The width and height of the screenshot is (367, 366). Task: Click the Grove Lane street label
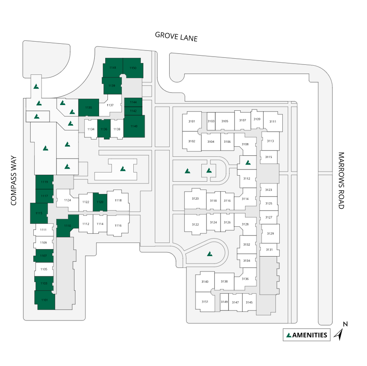click(x=176, y=36)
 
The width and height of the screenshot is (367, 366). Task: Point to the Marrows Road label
click(x=342, y=180)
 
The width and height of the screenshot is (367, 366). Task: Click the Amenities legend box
click(x=306, y=335)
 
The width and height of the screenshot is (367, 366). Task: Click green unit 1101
click(x=44, y=300)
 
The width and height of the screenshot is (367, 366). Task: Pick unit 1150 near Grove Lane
click(x=133, y=68)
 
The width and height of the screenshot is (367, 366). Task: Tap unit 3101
click(x=192, y=121)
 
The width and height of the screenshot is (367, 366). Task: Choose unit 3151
click(x=205, y=302)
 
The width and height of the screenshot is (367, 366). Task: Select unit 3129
click(x=270, y=233)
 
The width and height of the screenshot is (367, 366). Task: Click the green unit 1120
click(x=100, y=202)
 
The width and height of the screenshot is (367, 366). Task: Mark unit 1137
click(x=110, y=106)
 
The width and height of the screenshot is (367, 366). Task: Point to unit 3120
click(x=195, y=199)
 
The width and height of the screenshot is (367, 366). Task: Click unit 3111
click(x=273, y=122)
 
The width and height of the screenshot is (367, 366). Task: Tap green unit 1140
click(x=134, y=126)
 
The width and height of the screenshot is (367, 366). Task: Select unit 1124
click(x=68, y=200)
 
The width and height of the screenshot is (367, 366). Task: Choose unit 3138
click(x=224, y=282)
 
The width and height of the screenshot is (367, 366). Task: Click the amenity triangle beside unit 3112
click(x=248, y=162)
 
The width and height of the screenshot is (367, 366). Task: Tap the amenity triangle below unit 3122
click(x=210, y=253)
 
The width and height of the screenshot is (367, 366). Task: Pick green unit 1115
click(x=39, y=213)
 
